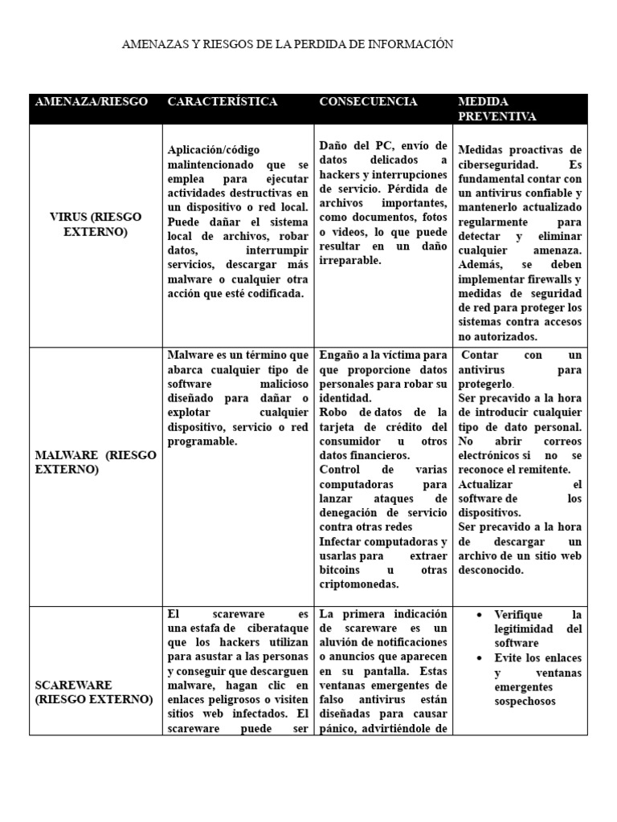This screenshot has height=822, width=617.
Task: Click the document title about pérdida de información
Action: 287,44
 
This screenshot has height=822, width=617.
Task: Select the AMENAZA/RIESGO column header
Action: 91,102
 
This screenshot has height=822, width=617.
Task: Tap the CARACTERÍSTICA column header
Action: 222,102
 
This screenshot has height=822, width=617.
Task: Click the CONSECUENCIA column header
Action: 368,102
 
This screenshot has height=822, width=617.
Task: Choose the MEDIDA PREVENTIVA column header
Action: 496,109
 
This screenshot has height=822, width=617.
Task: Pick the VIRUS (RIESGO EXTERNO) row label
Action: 96,225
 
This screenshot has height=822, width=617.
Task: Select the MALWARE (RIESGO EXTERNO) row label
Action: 96,462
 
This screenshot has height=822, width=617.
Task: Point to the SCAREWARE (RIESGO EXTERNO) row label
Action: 93,692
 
